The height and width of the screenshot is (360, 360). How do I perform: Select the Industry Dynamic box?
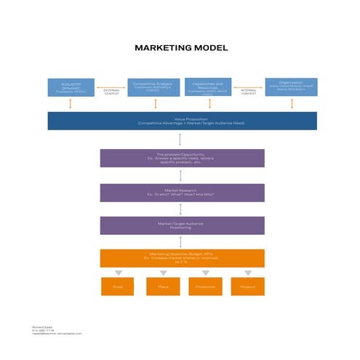(70, 87)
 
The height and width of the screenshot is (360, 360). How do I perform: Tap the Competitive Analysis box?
(153, 87)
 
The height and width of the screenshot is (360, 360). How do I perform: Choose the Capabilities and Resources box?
(207, 87)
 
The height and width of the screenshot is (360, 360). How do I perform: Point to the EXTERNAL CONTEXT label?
(112, 92)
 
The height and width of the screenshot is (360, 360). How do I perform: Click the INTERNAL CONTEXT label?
(249, 92)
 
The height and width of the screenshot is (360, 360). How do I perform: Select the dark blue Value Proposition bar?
(182, 121)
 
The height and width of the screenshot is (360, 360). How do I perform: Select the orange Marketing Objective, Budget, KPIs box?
(182, 257)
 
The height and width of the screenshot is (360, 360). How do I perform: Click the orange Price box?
(117, 287)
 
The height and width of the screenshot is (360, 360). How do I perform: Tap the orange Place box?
(162, 287)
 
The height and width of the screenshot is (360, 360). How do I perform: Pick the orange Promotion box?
(205, 287)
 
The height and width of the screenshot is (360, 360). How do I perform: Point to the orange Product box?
(247, 287)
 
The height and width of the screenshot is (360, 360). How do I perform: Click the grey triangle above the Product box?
(247, 273)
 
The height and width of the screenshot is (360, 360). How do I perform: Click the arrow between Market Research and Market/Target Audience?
(180, 209)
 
